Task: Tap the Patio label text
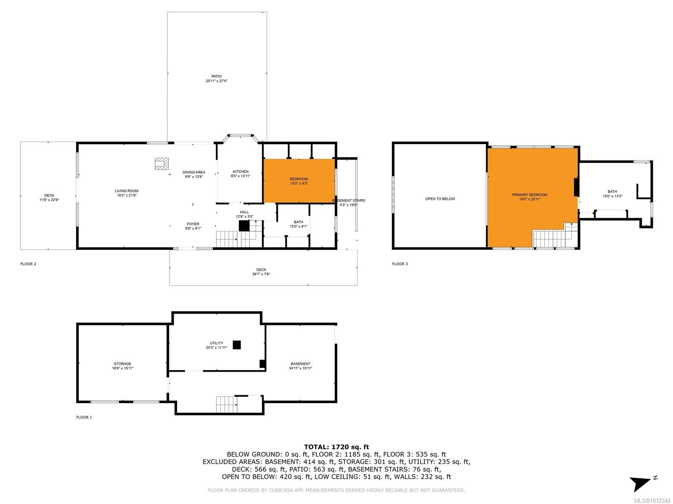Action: (216, 76)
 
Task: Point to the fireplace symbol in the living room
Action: (162, 164)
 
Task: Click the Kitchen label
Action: (241, 172)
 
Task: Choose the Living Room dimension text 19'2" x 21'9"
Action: (126, 195)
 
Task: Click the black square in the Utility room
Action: (237, 345)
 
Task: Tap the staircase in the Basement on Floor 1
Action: (226, 404)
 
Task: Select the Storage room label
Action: (122, 364)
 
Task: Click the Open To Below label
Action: (440, 199)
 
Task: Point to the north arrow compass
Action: (641, 483)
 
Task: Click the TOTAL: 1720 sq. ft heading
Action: (336, 447)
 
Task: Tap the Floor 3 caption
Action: (400, 264)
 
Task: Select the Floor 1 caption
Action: (84, 417)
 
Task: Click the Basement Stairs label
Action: (349, 200)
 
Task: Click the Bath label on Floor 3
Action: (612, 192)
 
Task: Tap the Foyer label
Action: (193, 224)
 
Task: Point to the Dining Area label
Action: (194, 172)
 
